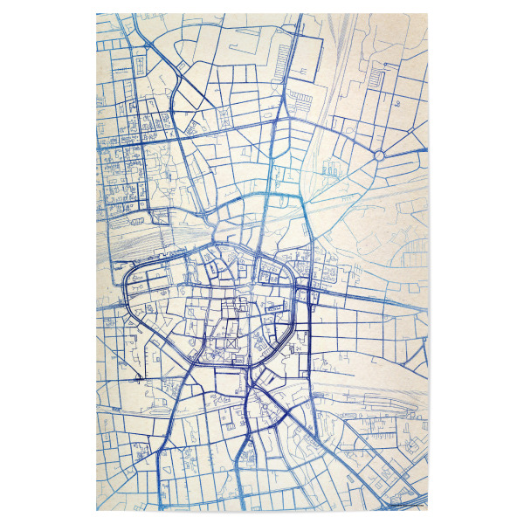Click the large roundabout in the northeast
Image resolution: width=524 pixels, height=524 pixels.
[x=380, y=155]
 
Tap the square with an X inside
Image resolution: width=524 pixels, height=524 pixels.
[x=231, y=345]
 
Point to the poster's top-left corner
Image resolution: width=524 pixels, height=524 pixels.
[x=96, y=13]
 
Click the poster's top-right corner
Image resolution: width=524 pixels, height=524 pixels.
[x=429, y=13]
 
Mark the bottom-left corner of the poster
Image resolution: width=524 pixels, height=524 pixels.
[x=96, y=511]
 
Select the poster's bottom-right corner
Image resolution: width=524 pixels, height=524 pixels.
[x=429, y=511]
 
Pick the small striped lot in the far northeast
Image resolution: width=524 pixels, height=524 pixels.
[x=377, y=79]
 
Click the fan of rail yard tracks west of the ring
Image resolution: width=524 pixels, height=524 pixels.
[x=131, y=245]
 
